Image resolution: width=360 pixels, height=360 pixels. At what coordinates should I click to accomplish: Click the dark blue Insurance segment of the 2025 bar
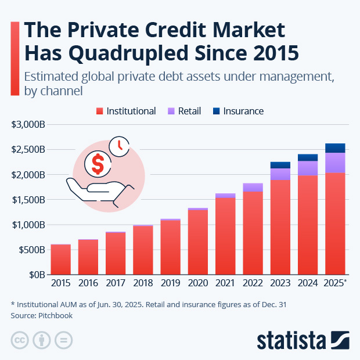click(335, 148)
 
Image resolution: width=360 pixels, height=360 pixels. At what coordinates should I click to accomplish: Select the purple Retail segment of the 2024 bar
click(308, 168)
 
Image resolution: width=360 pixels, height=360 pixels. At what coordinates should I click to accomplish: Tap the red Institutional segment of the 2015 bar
click(60, 260)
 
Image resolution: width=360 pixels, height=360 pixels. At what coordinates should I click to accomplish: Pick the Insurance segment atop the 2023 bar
click(280, 165)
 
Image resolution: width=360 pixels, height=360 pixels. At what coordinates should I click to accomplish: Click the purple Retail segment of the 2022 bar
click(253, 187)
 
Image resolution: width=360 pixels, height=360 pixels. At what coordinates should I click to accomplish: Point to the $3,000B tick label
click(28, 124)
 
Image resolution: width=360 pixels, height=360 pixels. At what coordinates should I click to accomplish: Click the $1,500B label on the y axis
click(28, 200)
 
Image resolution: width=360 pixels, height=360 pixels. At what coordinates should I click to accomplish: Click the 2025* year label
click(337, 283)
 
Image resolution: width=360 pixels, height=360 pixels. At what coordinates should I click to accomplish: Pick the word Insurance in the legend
click(243, 111)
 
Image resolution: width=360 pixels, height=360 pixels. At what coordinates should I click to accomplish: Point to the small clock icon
click(120, 146)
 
